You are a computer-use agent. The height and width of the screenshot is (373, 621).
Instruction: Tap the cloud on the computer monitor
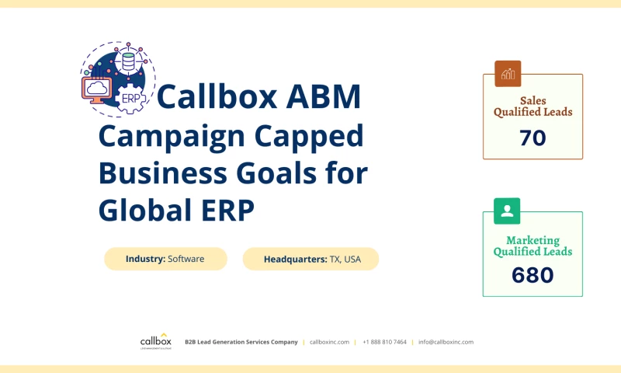pos(97,89)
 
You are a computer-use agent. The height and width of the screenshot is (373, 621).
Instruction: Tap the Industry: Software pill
pos(165,259)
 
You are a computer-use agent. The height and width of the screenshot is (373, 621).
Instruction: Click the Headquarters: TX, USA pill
pos(310,259)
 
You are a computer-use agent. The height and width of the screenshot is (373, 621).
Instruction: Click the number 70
pos(533,138)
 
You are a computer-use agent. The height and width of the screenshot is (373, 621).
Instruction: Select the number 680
pos(533,275)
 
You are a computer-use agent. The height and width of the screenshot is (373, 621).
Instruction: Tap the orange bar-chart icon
pos(508,74)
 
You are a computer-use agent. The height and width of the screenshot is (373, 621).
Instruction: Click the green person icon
pos(508,211)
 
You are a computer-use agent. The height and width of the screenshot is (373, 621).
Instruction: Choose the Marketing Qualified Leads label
pos(533,246)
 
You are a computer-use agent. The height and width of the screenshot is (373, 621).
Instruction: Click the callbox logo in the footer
pos(156,341)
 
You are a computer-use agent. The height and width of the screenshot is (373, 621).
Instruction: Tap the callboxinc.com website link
pos(329,342)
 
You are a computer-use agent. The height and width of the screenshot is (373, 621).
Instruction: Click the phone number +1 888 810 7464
pos(384,342)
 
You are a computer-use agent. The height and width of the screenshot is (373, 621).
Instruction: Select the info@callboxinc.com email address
pos(446,342)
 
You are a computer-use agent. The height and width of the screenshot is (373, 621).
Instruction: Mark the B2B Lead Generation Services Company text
pos(241,342)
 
